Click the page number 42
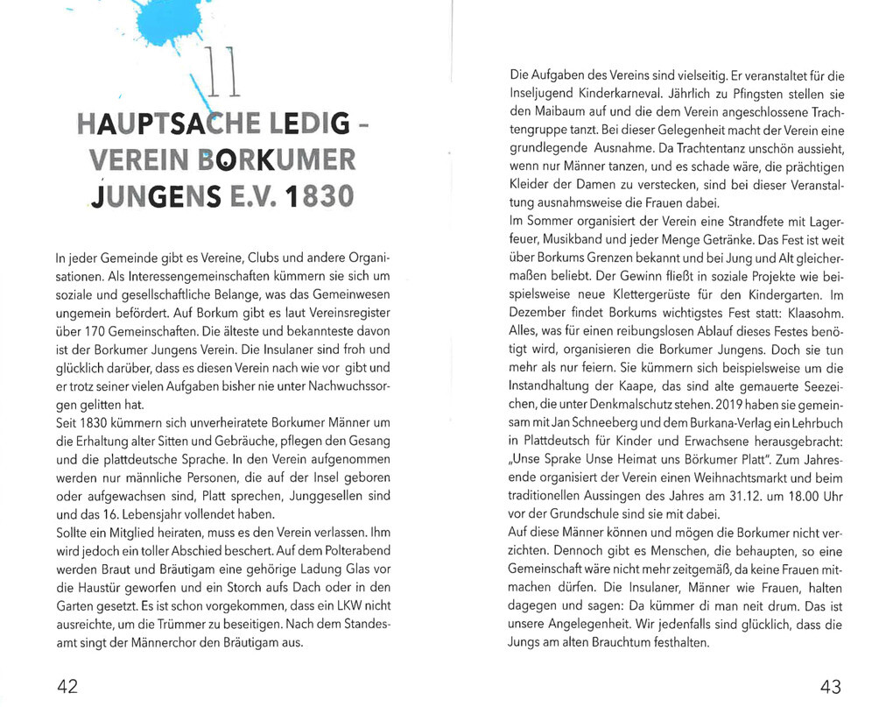coord(67,685)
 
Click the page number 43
coord(830,685)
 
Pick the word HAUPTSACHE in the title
coord(154,124)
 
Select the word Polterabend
coord(352,550)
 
